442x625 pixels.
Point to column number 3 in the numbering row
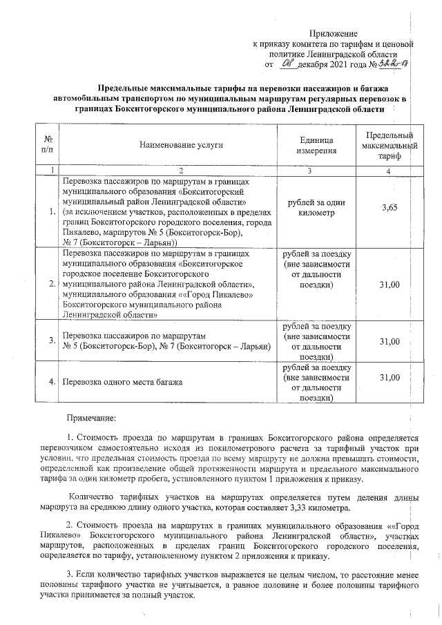(x=310, y=171)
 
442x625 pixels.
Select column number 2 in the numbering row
(x=181, y=171)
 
